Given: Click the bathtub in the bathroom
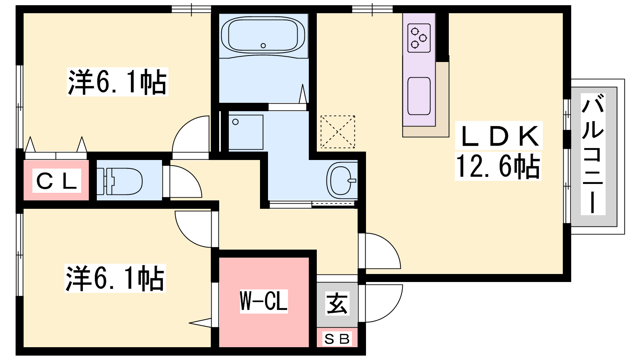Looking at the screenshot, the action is pyautogui.click(x=264, y=35).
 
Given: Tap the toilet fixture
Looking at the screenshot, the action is pyautogui.click(x=120, y=181).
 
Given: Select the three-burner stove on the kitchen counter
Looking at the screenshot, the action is pyautogui.click(x=419, y=38).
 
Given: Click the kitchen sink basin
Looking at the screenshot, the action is pyautogui.click(x=419, y=96).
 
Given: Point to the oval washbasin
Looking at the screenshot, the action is pyautogui.click(x=342, y=180).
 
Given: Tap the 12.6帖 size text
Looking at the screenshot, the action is pyautogui.click(x=498, y=167).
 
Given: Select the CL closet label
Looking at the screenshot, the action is pyautogui.click(x=56, y=180).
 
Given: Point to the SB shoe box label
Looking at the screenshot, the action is pyautogui.click(x=337, y=339).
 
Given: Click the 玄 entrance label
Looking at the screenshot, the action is pyautogui.click(x=337, y=304).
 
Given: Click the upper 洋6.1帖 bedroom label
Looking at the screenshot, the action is pyautogui.click(x=117, y=82).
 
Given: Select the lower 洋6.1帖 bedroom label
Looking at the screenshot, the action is pyautogui.click(x=115, y=278).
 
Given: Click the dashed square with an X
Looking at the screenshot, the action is pyautogui.click(x=338, y=132).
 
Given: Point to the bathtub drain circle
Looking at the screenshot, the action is pyautogui.click(x=263, y=46).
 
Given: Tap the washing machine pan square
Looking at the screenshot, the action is pyautogui.click(x=246, y=132).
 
